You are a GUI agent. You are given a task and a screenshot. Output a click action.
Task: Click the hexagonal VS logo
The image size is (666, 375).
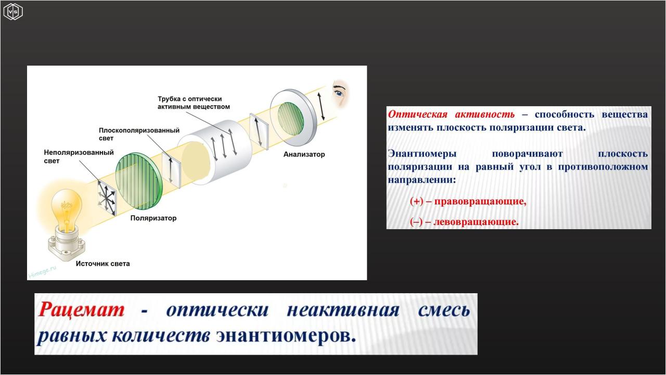coord(13,12)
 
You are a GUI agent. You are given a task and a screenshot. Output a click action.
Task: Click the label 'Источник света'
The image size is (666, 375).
coord(103,264)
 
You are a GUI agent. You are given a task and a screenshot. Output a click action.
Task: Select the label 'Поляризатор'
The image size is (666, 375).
coord(153,218)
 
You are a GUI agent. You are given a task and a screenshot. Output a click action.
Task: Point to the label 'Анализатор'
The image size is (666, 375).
coord(304,155)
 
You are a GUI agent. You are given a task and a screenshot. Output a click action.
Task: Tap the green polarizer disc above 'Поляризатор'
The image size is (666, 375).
coord(139,181)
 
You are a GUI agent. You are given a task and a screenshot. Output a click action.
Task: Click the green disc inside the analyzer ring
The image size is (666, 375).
coord(290,118)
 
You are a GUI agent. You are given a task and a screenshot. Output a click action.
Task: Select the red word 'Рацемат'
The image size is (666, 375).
coord(81,309)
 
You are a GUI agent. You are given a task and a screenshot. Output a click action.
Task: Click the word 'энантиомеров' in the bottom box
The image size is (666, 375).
coord(286,336)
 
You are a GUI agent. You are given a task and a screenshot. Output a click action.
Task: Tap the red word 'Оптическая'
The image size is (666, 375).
coord(418,114)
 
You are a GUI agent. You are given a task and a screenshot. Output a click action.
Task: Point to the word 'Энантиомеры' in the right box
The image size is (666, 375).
coord(422,154)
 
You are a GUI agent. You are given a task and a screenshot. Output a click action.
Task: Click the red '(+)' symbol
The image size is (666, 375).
coord(417,202)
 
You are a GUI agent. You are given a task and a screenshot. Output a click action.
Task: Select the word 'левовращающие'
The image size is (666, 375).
coord(476,222)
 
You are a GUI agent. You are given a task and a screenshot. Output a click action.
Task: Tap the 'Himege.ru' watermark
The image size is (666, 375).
coord(42,272)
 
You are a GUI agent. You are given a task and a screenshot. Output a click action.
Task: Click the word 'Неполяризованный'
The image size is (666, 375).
coord(79,153)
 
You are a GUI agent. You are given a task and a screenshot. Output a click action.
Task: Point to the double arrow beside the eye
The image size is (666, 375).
coord(321,106)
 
